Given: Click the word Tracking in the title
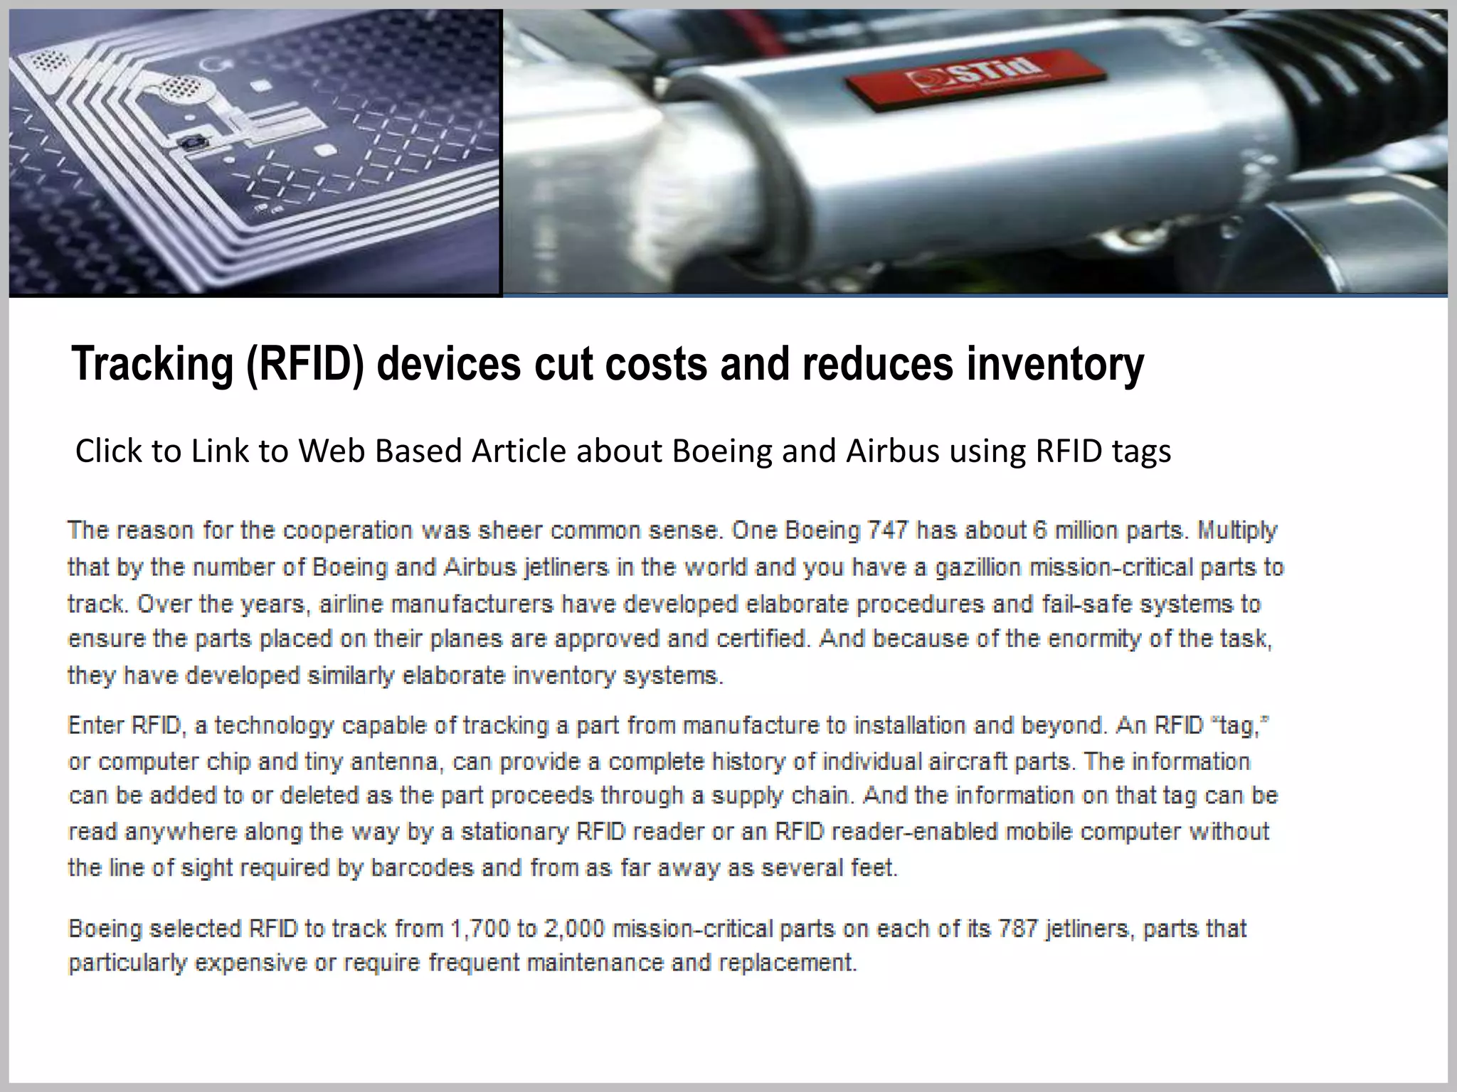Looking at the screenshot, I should click(x=152, y=364).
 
